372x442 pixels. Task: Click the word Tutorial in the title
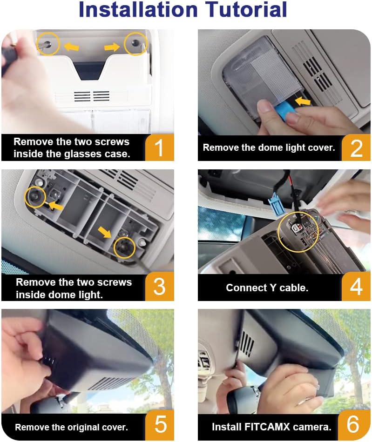(246, 9)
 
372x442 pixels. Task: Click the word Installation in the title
(138, 9)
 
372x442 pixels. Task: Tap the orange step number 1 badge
(160, 147)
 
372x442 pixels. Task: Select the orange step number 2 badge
(356, 147)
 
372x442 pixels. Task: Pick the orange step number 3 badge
(160, 287)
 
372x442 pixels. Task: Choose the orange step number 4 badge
(356, 287)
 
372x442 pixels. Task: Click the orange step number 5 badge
(160, 425)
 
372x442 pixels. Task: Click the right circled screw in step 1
(136, 43)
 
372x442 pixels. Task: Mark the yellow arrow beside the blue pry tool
(303, 101)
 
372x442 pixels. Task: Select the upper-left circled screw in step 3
(35, 196)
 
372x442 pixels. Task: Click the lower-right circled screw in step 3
(124, 247)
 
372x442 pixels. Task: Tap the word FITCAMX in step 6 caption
(267, 427)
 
